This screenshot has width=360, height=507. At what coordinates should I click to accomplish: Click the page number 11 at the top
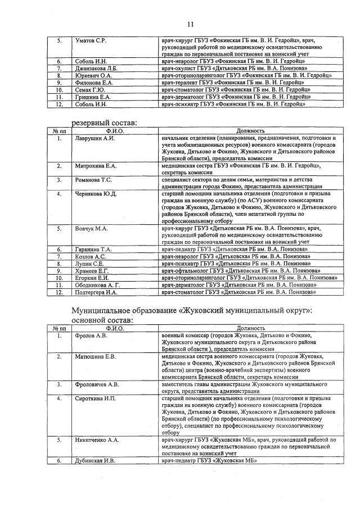tap(190, 24)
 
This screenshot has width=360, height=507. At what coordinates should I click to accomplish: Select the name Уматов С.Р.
tap(91, 42)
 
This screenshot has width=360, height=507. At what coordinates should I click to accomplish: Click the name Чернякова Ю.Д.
tap(96, 194)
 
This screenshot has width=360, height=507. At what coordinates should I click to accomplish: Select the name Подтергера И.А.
tap(96, 292)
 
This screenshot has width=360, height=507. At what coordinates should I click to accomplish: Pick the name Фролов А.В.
tap(90, 336)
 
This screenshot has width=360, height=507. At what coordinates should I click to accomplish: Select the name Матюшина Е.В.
tap(95, 356)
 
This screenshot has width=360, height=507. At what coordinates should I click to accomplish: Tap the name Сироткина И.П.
tap(95, 399)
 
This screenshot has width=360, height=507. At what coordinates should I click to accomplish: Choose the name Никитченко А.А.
tap(97, 440)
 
